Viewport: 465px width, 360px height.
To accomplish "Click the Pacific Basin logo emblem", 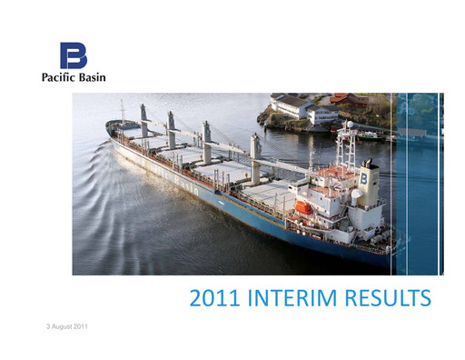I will click(73, 55).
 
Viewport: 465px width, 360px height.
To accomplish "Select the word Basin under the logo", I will click(91, 77).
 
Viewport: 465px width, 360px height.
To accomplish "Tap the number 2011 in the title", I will click(217, 298).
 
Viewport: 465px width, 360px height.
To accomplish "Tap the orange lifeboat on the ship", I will click(304, 208).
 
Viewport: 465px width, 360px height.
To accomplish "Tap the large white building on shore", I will click(292, 105).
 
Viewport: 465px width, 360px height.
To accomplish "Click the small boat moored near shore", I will click(368, 134).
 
